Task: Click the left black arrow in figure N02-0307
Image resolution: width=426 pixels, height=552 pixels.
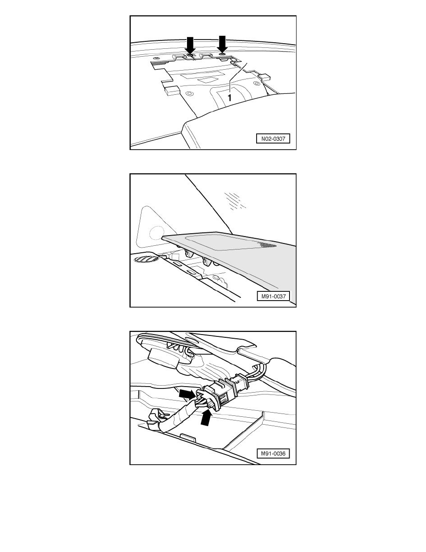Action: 190,45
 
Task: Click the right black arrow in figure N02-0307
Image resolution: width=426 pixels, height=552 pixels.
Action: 222,44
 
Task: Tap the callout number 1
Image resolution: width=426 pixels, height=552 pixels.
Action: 230,98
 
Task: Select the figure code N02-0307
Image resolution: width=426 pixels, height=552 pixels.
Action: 273,139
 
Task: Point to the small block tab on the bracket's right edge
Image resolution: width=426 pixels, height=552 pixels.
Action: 264,76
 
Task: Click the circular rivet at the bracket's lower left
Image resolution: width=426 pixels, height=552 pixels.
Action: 190,94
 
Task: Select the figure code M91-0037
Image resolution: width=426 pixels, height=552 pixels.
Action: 273,296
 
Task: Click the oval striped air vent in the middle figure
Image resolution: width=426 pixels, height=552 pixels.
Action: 146,259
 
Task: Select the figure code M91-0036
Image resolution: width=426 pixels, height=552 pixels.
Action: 273,454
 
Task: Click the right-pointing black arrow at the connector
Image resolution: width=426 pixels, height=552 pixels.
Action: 187,394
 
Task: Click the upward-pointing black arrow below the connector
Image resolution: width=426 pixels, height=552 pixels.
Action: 207,418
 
